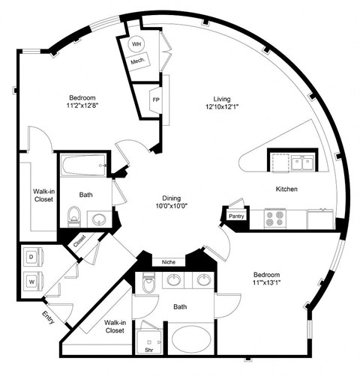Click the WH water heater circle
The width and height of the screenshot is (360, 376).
136,44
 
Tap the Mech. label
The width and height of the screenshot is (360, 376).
137,61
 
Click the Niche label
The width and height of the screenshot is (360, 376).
169,262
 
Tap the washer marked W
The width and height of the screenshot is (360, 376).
32,282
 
